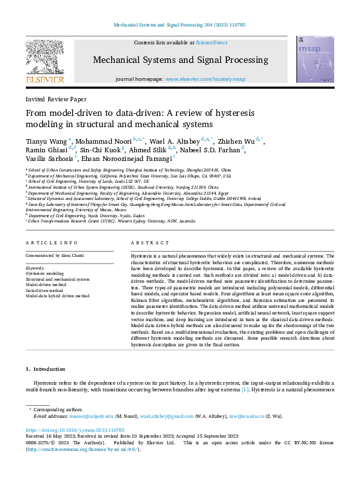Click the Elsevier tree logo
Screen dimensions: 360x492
point(44,59)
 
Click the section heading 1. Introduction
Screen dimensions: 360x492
point(46,368)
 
